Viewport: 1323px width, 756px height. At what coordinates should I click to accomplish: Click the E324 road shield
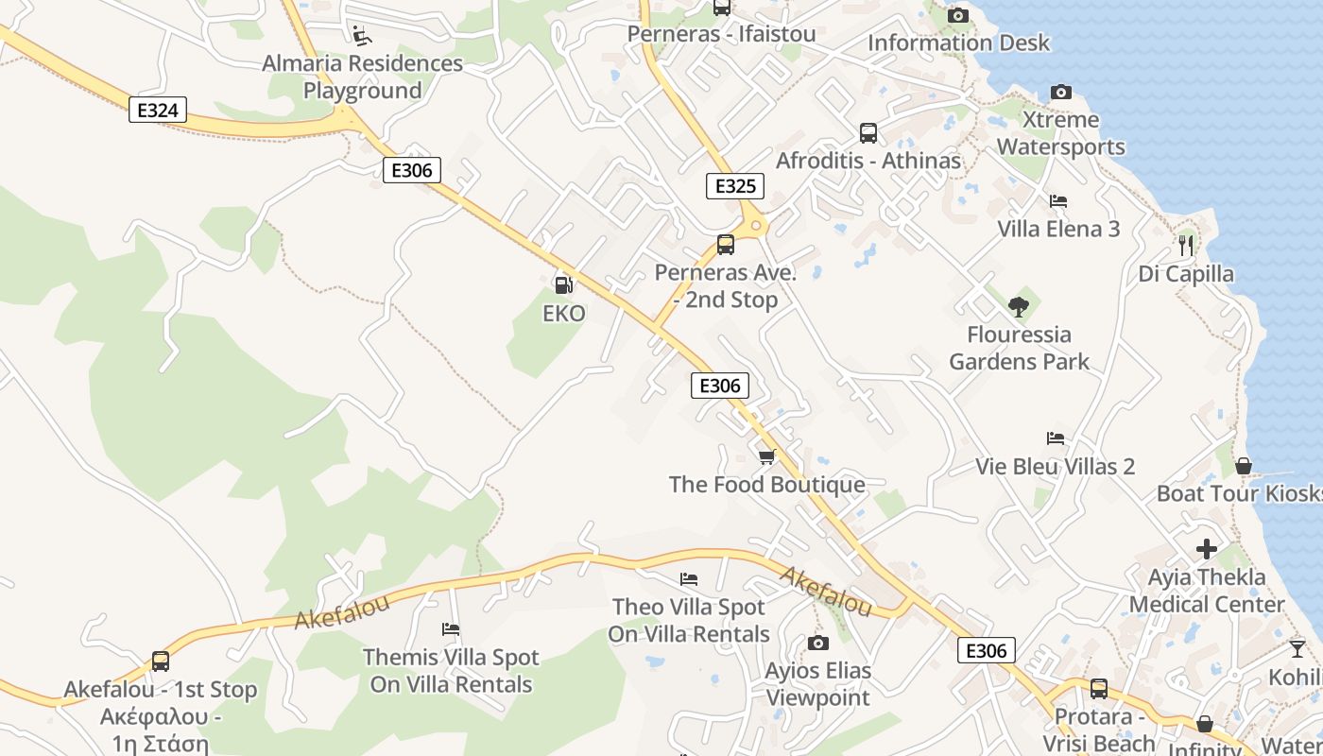(158, 111)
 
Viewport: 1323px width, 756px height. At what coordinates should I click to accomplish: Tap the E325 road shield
(735, 186)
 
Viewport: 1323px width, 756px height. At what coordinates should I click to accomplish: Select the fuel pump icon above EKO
(563, 283)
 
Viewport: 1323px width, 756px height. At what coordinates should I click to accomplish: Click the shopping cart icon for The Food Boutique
(767, 457)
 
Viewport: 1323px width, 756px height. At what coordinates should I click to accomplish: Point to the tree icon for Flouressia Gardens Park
(1019, 306)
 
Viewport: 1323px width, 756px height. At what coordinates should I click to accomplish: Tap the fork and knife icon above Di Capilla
(1186, 246)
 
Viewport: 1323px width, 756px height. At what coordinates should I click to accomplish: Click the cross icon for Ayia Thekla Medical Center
(1207, 549)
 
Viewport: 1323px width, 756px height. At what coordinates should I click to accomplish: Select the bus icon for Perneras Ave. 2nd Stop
(726, 245)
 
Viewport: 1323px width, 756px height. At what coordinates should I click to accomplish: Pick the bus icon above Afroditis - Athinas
(868, 133)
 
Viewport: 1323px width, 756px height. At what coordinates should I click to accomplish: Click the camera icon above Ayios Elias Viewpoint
(818, 644)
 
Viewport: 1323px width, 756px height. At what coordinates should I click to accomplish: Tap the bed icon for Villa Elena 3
(1058, 201)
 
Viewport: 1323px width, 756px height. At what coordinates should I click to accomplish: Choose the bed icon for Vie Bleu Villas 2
(1056, 438)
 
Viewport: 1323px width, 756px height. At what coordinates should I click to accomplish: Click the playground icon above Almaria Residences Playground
(362, 36)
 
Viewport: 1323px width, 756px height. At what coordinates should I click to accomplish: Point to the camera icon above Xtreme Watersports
(1061, 93)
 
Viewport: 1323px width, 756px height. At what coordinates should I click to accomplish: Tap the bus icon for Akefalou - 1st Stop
(161, 661)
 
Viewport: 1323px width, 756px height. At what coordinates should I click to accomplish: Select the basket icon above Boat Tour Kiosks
(1244, 466)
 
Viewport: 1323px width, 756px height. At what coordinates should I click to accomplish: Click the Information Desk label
(958, 43)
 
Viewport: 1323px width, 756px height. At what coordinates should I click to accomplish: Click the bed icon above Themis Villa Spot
(451, 629)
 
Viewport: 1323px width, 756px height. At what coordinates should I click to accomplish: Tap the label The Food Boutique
(767, 485)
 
